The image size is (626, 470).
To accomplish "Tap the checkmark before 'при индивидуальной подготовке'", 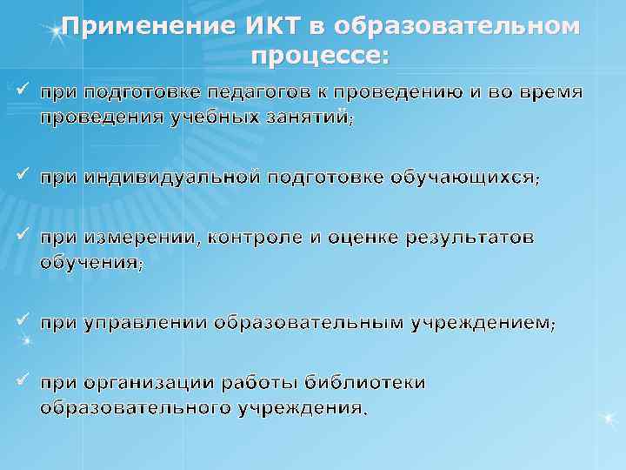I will pyautogui.click(x=21, y=175).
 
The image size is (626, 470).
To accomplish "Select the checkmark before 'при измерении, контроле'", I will pyautogui.click(x=21, y=235).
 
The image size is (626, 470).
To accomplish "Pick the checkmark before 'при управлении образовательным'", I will pyautogui.click(x=21, y=320).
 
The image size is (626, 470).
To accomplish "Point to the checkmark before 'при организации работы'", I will pyautogui.click(x=21, y=380).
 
